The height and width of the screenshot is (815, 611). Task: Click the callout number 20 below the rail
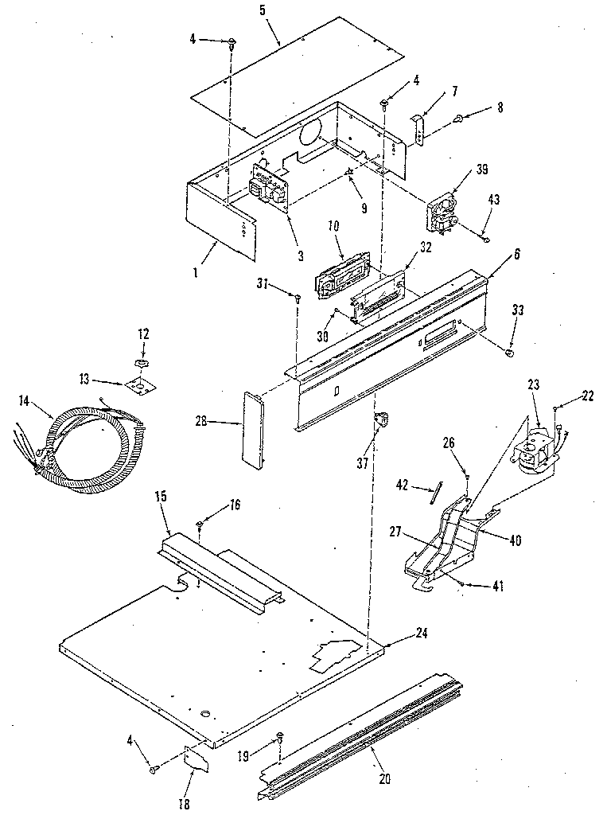point(385,778)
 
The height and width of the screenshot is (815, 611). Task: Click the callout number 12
point(143,333)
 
